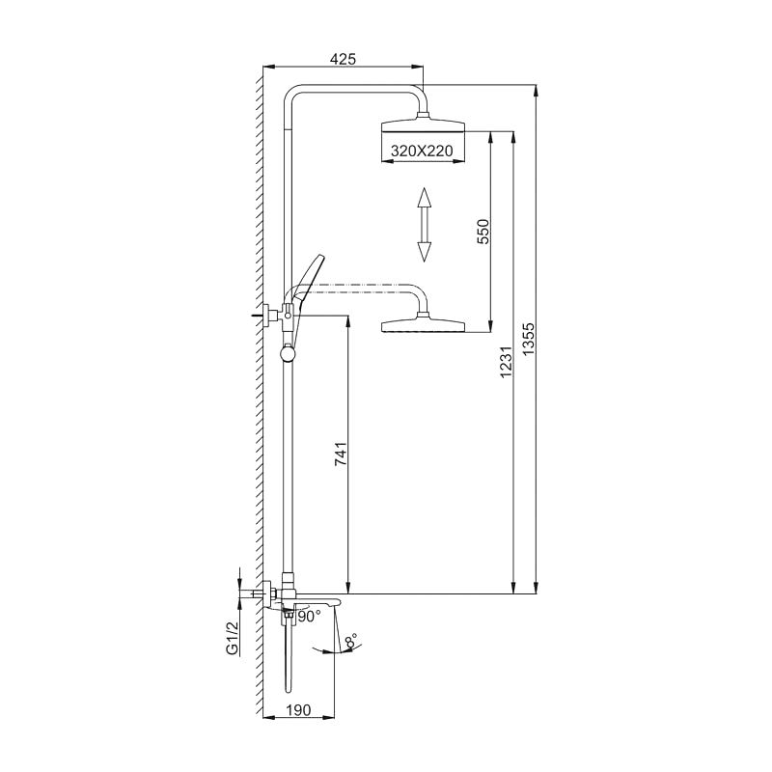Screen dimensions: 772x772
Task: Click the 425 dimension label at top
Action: pos(343,59)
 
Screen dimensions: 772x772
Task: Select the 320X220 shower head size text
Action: pos(422,151)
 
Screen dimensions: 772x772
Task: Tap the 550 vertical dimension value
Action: pos(484,232)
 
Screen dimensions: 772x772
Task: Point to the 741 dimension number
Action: pos(341,455)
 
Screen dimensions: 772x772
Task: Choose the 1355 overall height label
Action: pos(528,339)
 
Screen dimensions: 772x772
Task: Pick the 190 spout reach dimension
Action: pos(298,710)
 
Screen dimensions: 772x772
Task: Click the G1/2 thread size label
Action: pos(233,638)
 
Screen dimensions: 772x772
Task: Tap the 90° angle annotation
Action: pos(309,617)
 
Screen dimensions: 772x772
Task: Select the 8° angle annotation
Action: pos(351,641)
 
